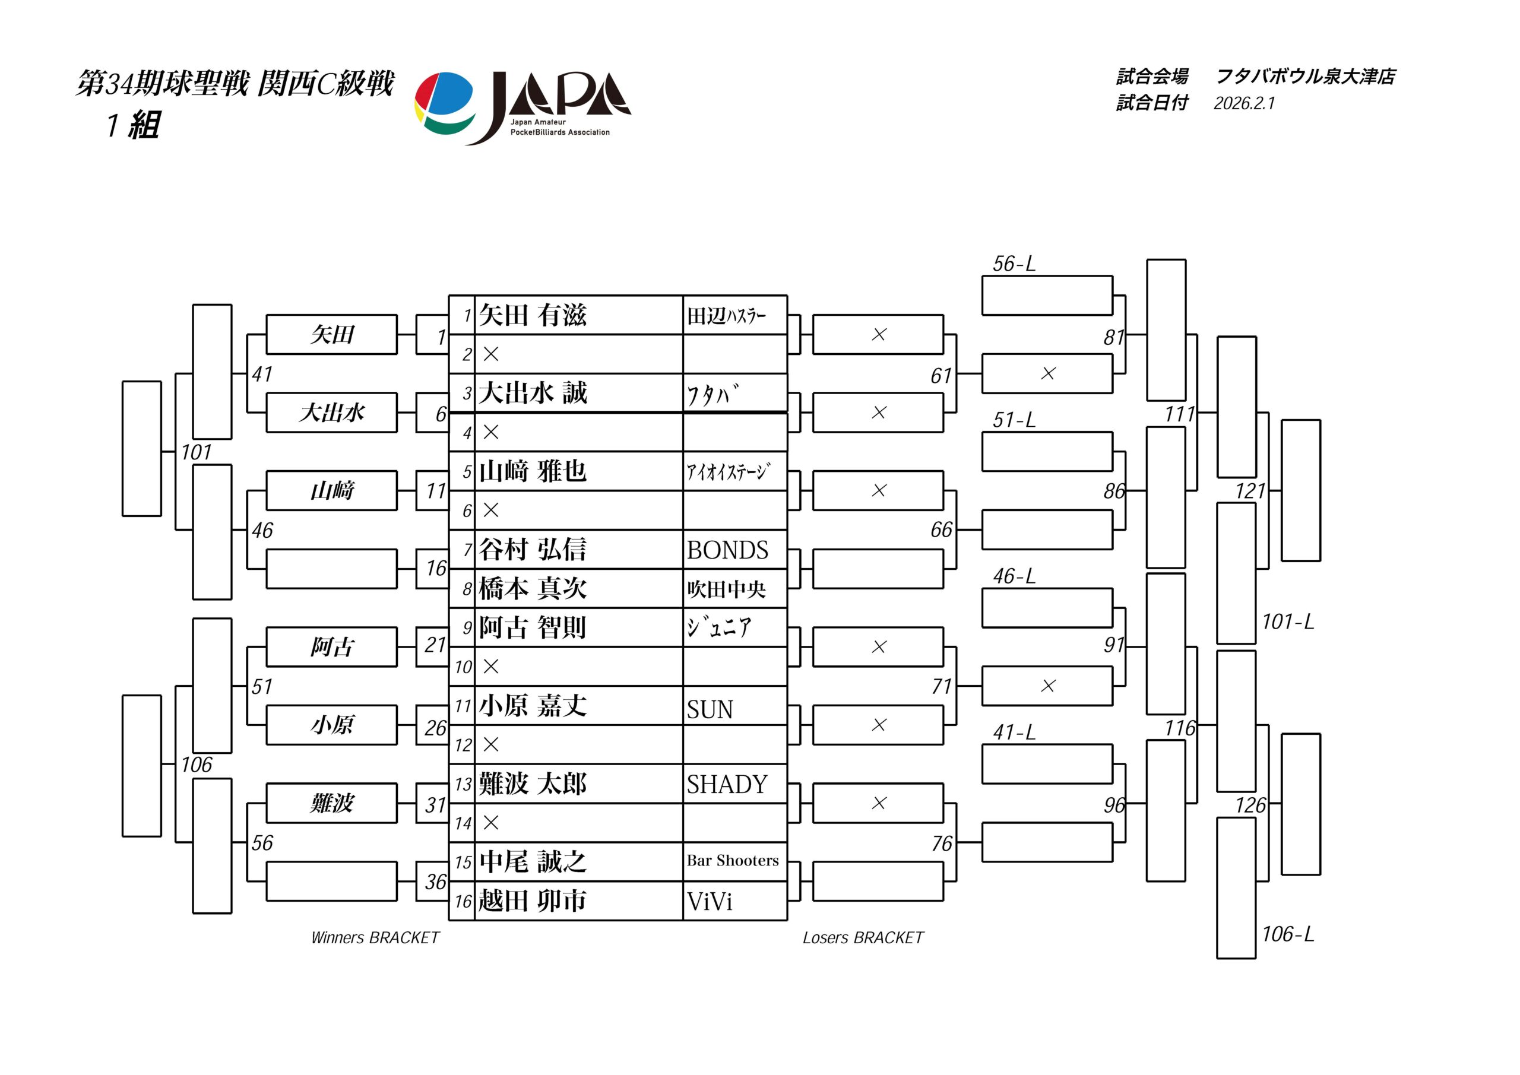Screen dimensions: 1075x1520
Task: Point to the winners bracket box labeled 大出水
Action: pos(332,413)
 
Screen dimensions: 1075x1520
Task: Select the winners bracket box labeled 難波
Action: pos(332,804)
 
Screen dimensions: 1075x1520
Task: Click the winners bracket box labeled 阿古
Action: pos(332,646)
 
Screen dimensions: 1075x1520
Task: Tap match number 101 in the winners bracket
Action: pos(197,453)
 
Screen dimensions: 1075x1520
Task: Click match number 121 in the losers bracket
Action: pos(1250,491)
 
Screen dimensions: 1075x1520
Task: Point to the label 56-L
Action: pos(1014,264)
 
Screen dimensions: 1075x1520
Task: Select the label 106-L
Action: pos(1288,934)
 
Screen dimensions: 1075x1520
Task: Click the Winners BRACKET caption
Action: pos(375,937)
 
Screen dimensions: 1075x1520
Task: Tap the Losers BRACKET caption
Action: pos(863,937)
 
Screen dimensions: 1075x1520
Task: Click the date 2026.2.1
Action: pos(1244,103)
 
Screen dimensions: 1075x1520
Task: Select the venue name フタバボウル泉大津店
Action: pos(1306,77)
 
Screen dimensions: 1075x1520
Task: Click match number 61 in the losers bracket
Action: pos(940,376)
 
